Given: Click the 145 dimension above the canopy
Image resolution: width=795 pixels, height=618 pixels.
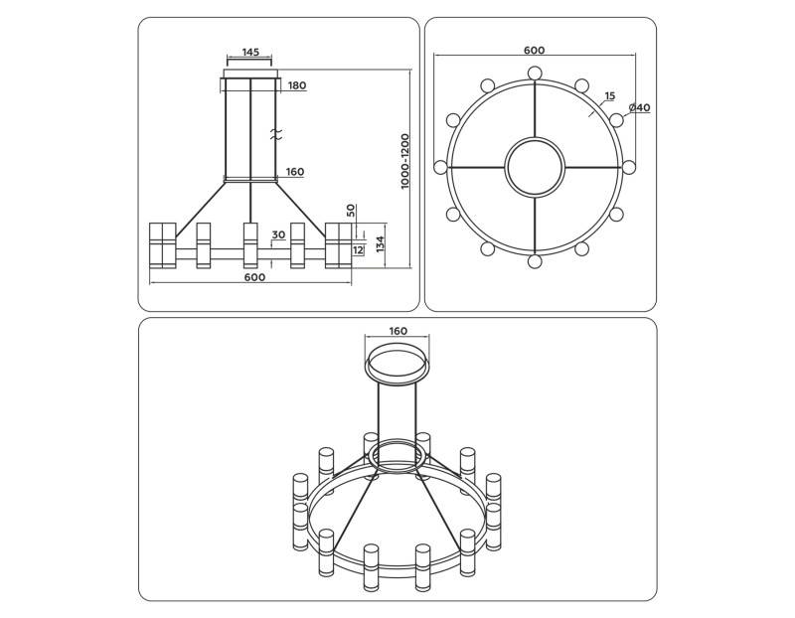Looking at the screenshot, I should click(250, 52).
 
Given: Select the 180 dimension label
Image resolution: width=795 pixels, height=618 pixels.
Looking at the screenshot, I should click(296, 85).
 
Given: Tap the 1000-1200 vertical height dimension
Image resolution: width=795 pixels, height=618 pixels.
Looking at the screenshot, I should click(405, 163).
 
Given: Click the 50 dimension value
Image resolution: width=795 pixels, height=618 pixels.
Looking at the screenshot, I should click(351, 211).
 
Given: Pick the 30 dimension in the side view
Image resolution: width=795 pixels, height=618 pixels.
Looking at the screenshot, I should click(278, 234).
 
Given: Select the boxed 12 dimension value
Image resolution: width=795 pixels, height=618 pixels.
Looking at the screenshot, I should click(358, 249).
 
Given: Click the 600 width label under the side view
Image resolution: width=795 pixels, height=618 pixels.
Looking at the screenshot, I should click(254, 278).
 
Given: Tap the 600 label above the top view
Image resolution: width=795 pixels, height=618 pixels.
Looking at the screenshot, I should click(535, 50).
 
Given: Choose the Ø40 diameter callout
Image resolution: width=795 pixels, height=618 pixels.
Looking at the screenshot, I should click(639, 107).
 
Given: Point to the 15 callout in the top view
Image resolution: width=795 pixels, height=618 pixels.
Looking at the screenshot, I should click(609, 96).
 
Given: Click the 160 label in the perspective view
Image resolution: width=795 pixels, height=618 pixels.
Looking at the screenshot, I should click(397, 331).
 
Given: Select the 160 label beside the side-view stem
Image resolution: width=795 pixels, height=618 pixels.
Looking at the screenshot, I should click(294, 172).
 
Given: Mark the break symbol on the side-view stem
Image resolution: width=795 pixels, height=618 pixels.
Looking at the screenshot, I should click(277, 132).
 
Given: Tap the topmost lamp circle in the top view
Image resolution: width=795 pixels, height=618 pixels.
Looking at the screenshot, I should click(535, 73).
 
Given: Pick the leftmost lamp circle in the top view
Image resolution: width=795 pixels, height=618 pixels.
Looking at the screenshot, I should click(440, 167).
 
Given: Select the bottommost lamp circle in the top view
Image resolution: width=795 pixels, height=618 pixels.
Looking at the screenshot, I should click(535, 261).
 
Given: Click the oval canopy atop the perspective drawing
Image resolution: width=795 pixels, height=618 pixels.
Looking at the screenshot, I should click(397, 363).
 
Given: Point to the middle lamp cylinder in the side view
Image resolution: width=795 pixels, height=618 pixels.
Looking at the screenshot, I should click(250, 245).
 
